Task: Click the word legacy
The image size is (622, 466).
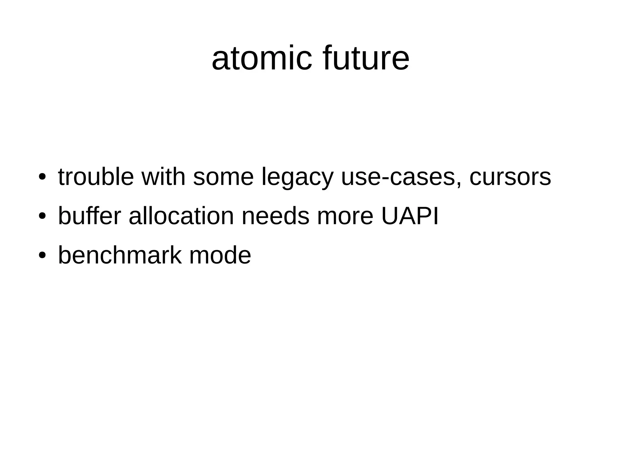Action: click(x=297, y=178)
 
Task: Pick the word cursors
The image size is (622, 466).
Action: click(x=510, y=177)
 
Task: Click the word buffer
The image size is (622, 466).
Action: click(x=89, y=216)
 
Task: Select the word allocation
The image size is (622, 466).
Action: click(x=181, y=216)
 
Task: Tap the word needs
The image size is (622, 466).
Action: click(x=275, y=216)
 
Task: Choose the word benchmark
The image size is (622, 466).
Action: click(x=120, y=255)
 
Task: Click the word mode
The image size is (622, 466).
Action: click(x=220, y=255)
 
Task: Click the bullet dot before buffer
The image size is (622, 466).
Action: click(x=42, y=216)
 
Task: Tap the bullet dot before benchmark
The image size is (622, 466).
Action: click(x=42, y=255)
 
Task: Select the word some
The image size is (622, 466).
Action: click(x=223, y=178)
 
